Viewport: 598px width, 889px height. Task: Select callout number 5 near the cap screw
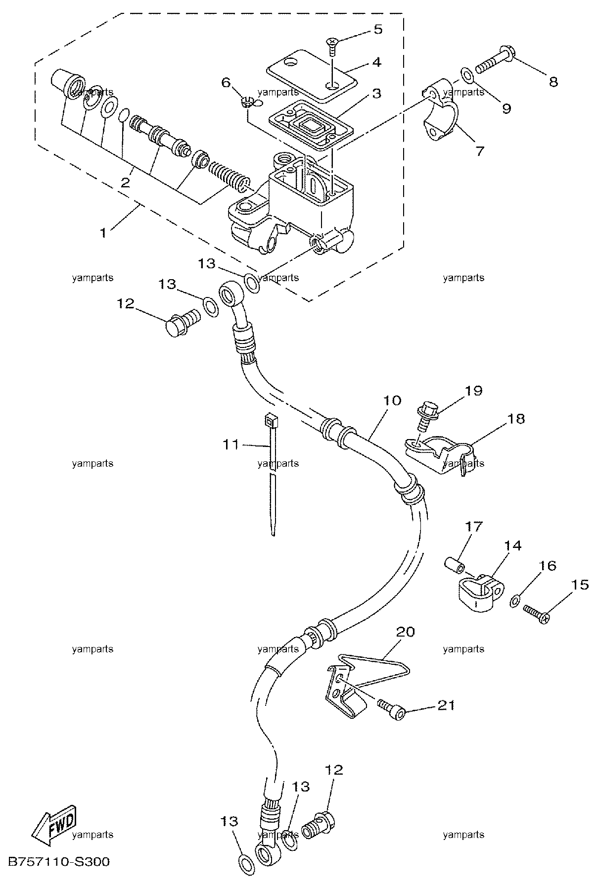(x=378, y=29)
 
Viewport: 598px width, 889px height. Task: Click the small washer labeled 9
(x=466, y=75)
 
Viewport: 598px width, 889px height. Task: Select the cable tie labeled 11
(x=271, y=474)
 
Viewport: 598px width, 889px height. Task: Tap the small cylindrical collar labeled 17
(x=453, y=564)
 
